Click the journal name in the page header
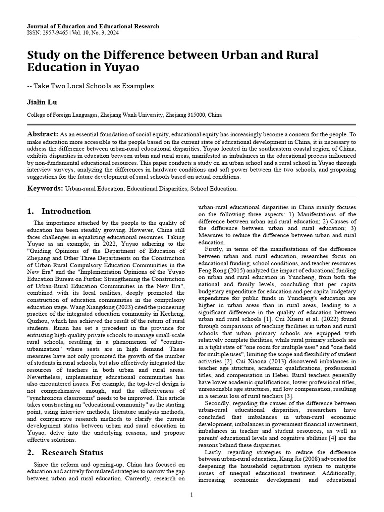[x=93, y=26]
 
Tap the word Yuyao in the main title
[x=122, y=68]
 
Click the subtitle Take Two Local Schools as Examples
[x=94, y=86]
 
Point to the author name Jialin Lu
[x=42, y=102]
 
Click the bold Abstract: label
[x=43, y=135]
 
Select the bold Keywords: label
[x=45, y=188]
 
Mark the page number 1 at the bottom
[x=192, y=495]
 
